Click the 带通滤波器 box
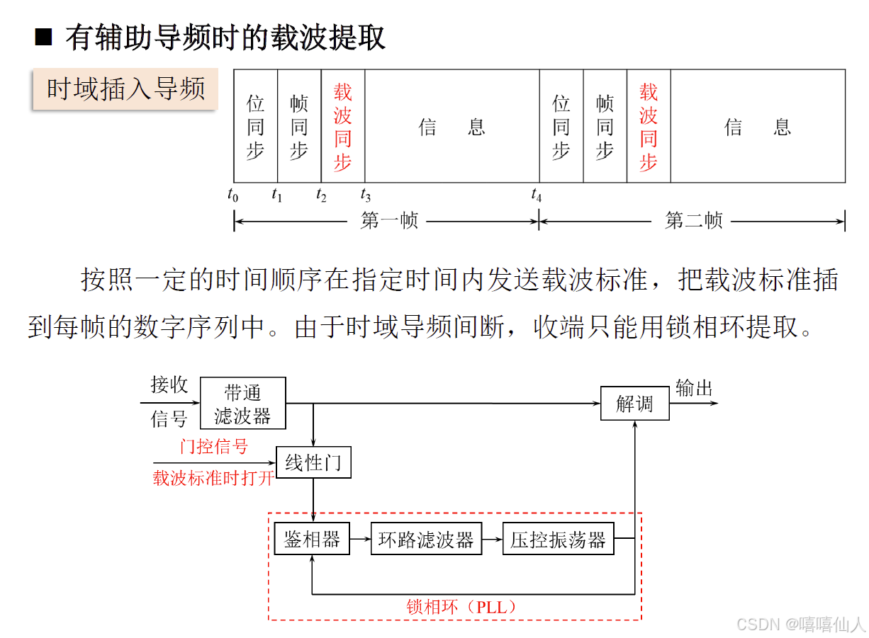pos(242,403)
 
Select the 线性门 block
pos(313,462)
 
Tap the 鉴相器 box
pos(312,540)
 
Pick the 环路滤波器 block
pos(425,540)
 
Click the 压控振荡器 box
pos(558,540)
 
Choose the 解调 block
pos(634,404)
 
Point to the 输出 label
pos(694,388)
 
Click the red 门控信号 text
pos(214,447)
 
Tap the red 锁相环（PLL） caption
pos(461,607)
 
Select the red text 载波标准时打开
pos(213,478)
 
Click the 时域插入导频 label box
pos(125,89)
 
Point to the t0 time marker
pos(233,195)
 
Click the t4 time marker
pos(537,195)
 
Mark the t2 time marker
pos(321,195)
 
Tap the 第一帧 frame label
pos(389,221)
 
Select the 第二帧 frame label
pos(693,221)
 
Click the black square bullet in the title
pos(44,37)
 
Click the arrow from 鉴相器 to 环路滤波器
pos(360,540)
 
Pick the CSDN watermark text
pos(800,624)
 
